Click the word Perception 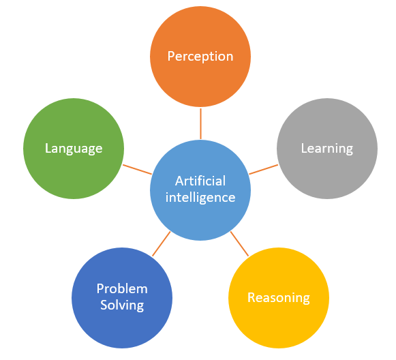pos(200,57)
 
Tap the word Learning pos(327,149)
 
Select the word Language pos(74,149)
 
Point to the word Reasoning pos(279,298)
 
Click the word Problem pos(122,289)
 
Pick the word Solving pos(122,305)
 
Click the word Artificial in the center pos(200,181)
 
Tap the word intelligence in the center pos(200,197)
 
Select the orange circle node pos(200,57)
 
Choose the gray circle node pos(327,149)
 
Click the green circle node pos(74,149)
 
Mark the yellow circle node pos(279,298)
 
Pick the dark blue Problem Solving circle pos(122,298)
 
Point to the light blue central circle pos(200,190)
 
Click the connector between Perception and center pos(200,123)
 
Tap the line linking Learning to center pos(263,170)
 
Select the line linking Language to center pos(137,170)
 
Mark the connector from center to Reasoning pos(239,244)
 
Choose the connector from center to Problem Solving pos(162,244)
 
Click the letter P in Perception pos(171,56)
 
